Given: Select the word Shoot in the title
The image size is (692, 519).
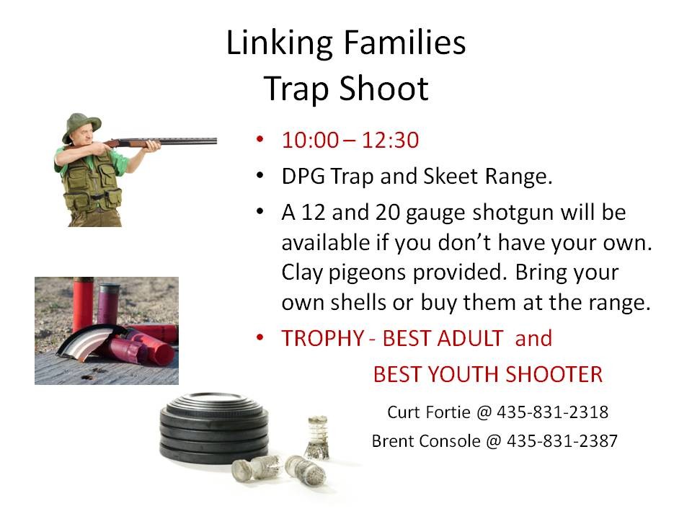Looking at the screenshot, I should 386,89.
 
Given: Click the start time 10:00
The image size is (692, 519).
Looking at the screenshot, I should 310,140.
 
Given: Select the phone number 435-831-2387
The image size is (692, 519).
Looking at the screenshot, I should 562,440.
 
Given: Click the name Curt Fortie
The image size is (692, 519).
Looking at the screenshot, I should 429,412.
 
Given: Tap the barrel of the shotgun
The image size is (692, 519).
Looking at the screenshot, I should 187,141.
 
